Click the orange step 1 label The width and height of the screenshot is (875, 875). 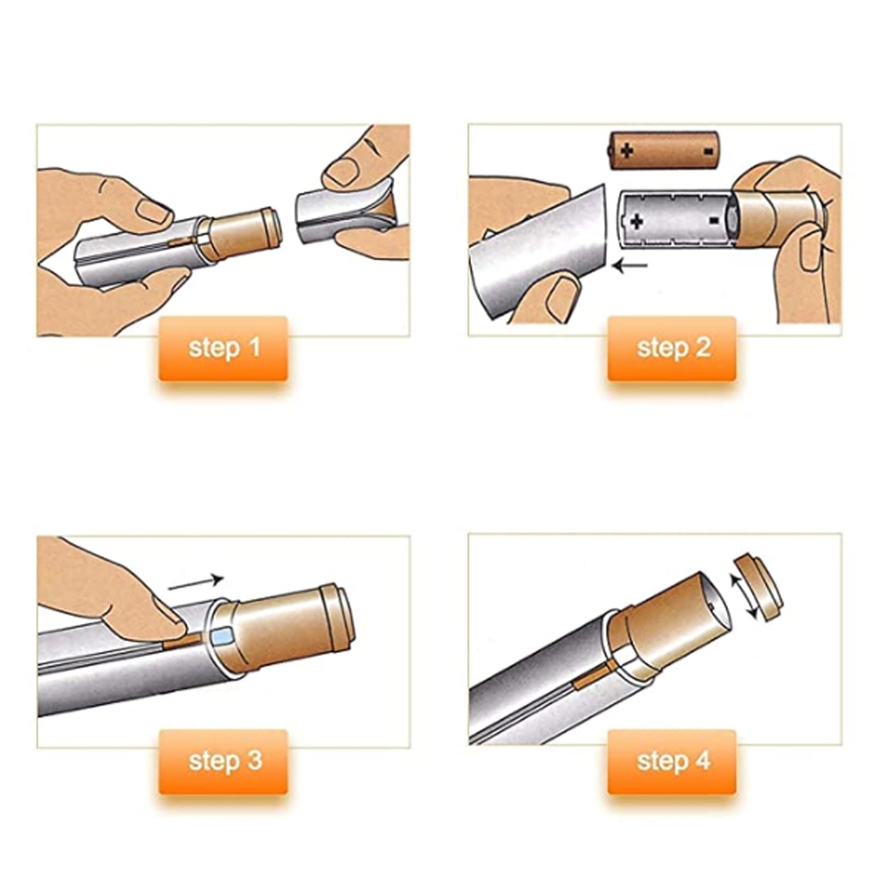(x=223, y=348)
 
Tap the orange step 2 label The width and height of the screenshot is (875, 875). (x=672, y=348)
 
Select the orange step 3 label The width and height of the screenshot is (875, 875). (x=223, y=761)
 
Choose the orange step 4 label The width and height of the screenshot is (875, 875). (x=672, y=761)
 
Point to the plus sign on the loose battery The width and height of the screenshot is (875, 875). (x=627, y=149)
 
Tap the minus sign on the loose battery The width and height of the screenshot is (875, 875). (x=708, y=150)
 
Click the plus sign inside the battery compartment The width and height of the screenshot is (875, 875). (x=637, y=221)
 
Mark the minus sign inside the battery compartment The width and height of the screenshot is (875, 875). (x=713, y=220)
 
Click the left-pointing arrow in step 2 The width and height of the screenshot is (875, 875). (x=630, y=266)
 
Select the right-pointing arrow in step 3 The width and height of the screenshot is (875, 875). (x=196, y=583)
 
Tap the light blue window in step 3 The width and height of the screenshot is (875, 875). (x=223, y=636)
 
